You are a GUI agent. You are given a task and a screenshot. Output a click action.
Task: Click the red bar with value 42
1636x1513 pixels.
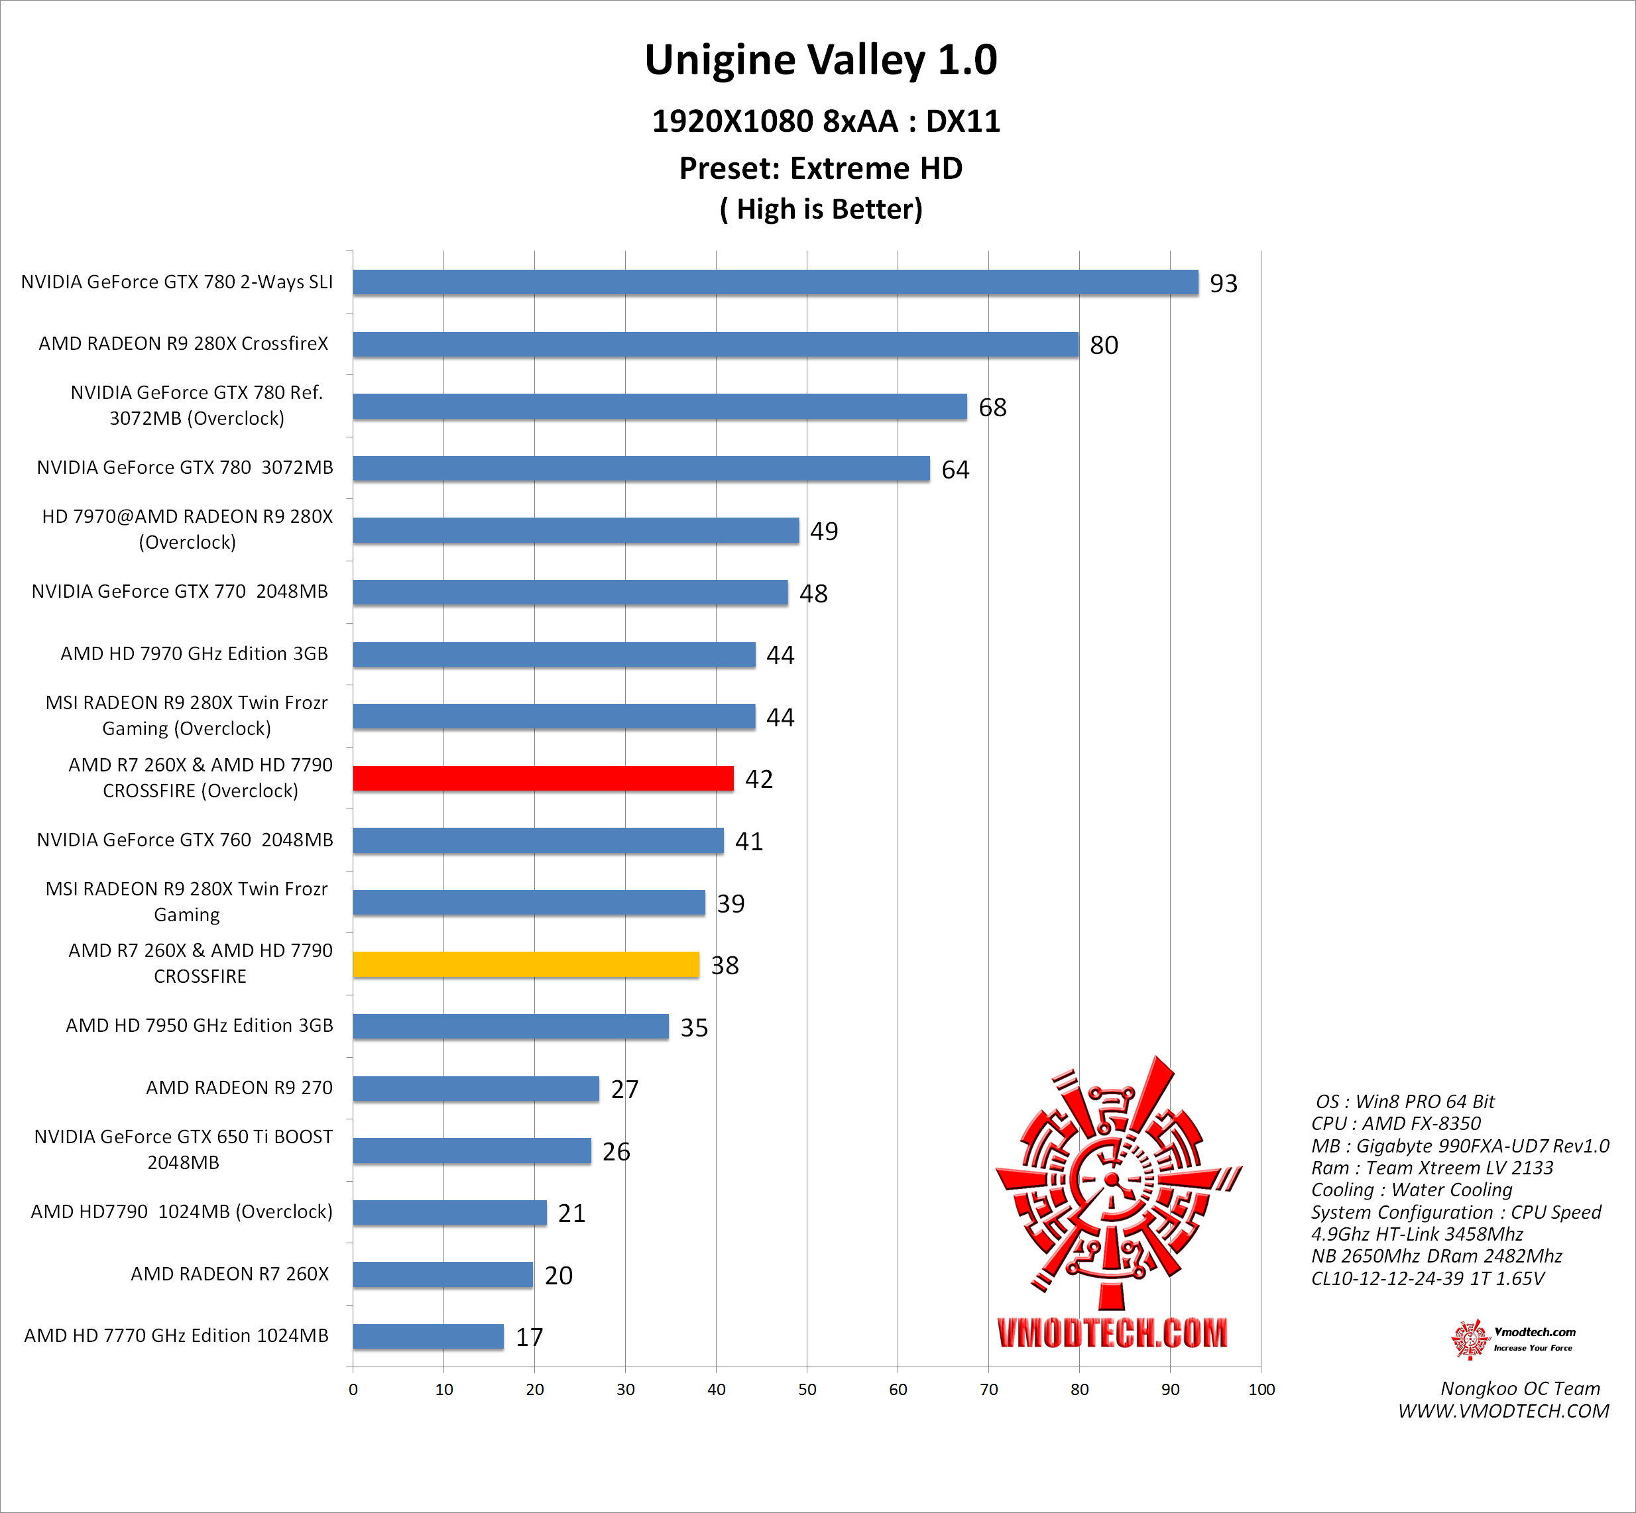pyautogui.click(x=543, y=779)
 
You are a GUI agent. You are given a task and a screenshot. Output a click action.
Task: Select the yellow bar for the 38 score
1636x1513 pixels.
pyautogui.click(x=526, y=964)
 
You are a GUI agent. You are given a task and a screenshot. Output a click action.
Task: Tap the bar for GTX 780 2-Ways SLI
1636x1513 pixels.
pyautogui.click(x=776, y=282)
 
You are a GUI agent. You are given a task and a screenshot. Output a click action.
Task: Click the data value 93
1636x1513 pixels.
pyautogui.click(x=1223, y=283)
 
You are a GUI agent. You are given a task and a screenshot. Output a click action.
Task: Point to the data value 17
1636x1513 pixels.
pyautogui.click(x=529, y=1337)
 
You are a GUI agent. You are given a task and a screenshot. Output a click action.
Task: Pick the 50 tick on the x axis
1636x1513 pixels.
pyautogui.click(x=807, y=1389)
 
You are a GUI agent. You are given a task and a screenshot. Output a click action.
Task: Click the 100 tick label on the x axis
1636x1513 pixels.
pyautogui.click(x=1261, y=1389)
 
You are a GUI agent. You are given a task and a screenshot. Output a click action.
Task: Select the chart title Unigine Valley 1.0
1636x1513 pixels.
pyautogui.click(x=821, y=60)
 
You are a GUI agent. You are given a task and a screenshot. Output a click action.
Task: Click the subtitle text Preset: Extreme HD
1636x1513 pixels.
pyautogui.click(x=821, y=168)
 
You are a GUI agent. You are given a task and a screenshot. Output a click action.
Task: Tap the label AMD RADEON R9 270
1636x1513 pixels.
pyautogui.click(x=239, y=1088)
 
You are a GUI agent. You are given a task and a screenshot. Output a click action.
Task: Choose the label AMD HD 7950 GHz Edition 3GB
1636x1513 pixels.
pyautogui.click(x=200, y=1025)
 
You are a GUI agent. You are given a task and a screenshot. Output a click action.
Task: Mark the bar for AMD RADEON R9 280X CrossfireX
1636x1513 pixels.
pyautogui.click(x=716, y=345)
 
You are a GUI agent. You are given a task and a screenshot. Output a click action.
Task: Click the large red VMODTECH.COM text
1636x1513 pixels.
pyautogui.click(x=1112, y=1333)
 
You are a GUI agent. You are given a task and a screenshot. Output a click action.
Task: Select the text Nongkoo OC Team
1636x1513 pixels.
pyautogui.click(x=1520, y=1388)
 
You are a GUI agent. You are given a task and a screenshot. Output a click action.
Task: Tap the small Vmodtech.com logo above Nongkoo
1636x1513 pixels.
pyautogui.click(x=1511, y=1339)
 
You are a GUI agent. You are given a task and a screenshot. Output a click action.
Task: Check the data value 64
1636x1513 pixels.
pyautogui.click(x=955, y=470)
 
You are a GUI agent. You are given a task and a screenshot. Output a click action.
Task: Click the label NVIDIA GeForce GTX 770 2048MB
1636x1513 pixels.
pyautogui.click(x=180, y=591)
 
